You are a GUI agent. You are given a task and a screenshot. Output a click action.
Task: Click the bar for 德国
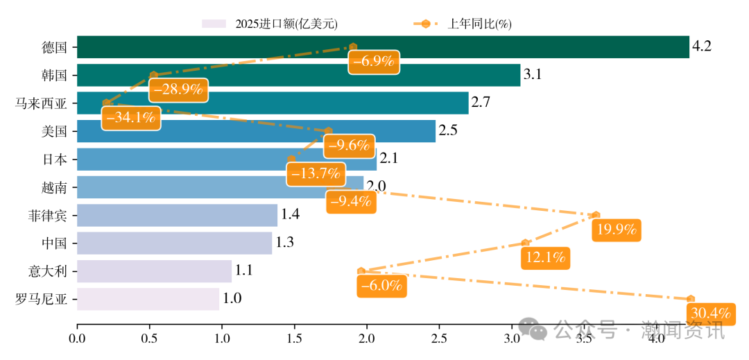point(382,47)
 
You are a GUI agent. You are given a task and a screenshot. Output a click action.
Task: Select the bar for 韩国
point(298,75)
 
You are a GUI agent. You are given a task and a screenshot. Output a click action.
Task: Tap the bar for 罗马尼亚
point(148,299)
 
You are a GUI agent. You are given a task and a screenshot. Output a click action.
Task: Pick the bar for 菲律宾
point(177,215)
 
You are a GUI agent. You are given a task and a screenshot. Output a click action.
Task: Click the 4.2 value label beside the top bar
point(702,47)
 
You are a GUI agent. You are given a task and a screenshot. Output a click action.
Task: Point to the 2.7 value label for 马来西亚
point(481,103)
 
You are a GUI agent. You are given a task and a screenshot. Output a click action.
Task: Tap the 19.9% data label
point(616,230)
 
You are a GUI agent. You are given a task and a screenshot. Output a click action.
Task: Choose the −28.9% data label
point(178,89)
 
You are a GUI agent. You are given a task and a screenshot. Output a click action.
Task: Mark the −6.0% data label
point(381,285)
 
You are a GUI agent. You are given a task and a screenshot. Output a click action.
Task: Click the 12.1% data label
point(545,257)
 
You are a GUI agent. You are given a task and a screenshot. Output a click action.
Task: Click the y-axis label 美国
point(54,131)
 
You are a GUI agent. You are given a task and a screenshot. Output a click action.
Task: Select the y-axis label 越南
point(54,187)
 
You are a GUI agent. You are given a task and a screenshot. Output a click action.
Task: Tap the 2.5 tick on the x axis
point(438,338)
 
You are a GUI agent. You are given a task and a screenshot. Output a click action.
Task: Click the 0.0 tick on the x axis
point(77,338)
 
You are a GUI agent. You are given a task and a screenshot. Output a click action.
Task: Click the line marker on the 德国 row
point(353,46)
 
